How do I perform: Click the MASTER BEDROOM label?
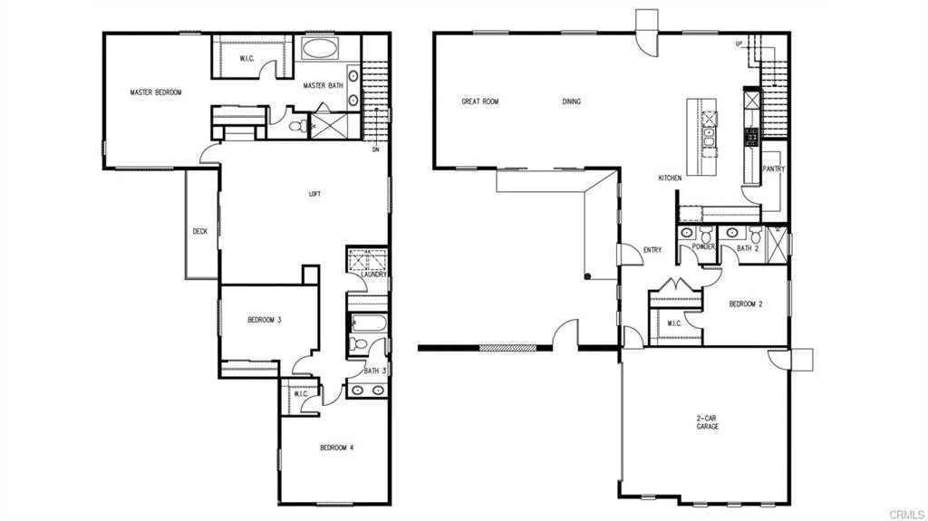[x=156, y=92]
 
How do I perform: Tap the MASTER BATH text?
[x=323, y=86]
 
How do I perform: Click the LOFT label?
[x=314, y=193]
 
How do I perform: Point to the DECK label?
[x=200, y=231]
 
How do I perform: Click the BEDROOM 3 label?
[x=265, y=320]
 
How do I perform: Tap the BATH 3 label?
[x=376, y=370]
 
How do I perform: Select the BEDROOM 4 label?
[x=337, y=448]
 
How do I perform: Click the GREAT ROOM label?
[x=480, y=101]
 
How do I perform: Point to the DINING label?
[x=571, y=101]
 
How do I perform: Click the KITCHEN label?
[x=670, y=178]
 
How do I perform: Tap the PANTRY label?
[x=773, y=169]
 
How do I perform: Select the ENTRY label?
[x=652, y=250]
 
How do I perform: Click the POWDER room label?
[x=704, y=247]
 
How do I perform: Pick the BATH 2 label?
[x=747, y=247]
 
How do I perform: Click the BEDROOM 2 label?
[x=746, y=304]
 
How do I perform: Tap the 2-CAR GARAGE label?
[x=707, y=422]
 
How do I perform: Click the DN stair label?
[x=375, y=150]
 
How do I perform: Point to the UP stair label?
[x=739, y=43]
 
